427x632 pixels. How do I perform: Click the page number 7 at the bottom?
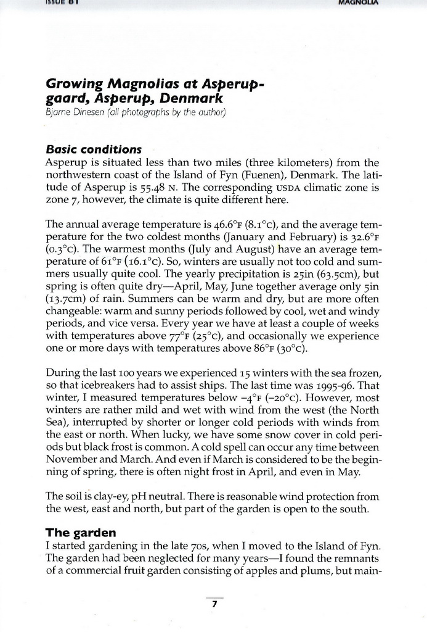pyautogui.click(x=214, y=605)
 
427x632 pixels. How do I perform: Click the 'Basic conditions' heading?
pyautogui.click(x=94, y=150)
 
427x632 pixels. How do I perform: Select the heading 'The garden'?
pyautogui.click(x=81, y=532)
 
